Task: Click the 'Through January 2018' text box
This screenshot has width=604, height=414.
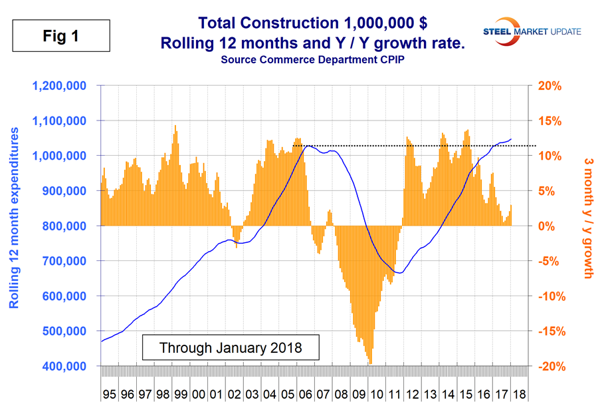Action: (x=231, y=347)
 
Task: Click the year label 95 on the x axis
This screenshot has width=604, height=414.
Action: (x=109, y=394)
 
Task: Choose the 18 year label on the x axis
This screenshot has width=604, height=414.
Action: (x=519, y=394)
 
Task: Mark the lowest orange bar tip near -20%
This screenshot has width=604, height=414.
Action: (x=369, y=363)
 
